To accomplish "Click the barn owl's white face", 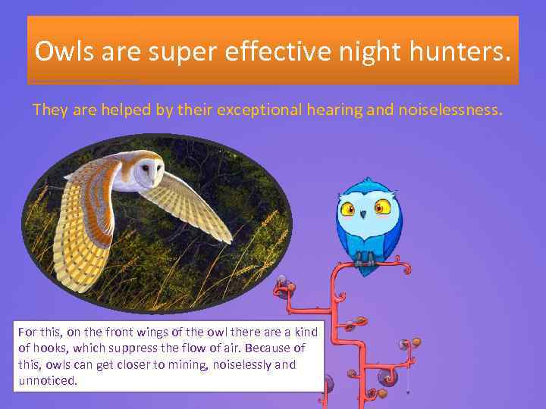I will (x=148, y=172).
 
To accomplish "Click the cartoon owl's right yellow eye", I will (x=381, y=206).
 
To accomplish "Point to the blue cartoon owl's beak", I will (x=365, y=215).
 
